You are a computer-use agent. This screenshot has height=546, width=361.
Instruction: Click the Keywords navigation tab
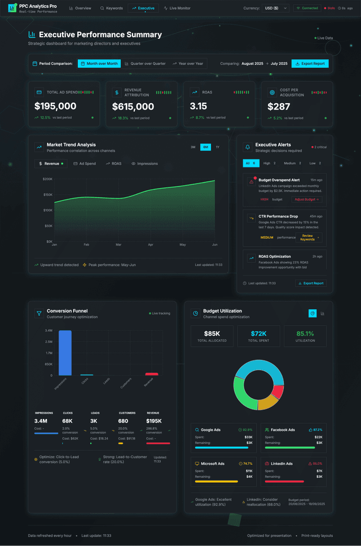coord(111,8)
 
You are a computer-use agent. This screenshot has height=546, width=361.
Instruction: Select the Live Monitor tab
coord(177,8)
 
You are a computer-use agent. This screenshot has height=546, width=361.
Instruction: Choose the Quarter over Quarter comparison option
coord(145,64)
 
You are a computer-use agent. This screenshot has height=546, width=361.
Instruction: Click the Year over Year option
coord(188,64)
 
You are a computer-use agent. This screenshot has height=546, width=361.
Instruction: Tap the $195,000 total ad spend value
coord(55,106)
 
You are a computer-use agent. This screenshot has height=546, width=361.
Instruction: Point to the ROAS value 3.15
coord(199,106)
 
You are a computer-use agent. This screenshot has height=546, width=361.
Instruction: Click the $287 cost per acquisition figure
coord(279,106)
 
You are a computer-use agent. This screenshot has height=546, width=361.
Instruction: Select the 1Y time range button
coord(217,147)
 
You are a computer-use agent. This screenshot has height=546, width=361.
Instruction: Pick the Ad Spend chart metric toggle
coord(85,164)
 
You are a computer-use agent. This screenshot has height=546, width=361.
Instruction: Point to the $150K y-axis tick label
coord(47,195)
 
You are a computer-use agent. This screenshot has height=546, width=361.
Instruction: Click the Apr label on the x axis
coord(151,245)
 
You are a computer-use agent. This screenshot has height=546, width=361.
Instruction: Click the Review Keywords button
coord(307,237)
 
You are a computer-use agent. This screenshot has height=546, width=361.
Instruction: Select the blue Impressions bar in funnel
coord(65,353)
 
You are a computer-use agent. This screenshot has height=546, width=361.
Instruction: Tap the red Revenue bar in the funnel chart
coord(152,374)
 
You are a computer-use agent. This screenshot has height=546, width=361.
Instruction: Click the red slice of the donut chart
coord(278,391)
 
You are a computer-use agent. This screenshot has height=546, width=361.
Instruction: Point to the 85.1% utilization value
coord(305,333)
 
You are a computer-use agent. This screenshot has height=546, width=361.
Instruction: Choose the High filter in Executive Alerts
coord(269,163)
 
